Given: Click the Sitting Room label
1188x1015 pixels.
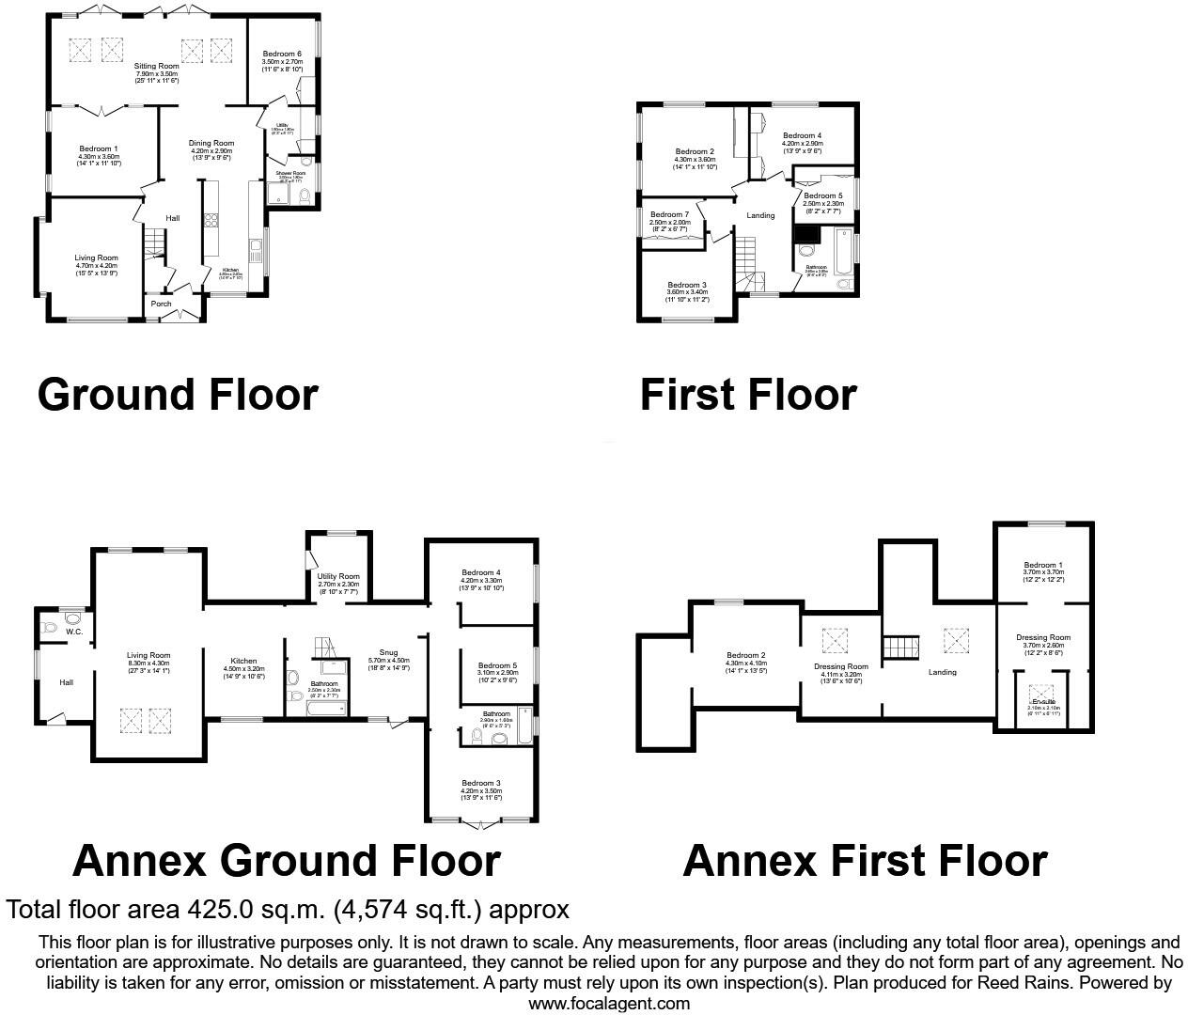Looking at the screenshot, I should click(x=157, y=67).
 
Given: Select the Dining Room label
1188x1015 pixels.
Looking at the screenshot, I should click(x=211, y=143).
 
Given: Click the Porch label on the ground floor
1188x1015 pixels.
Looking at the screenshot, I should click(x=161, y=304).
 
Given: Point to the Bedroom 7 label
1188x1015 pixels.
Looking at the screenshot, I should click(x=669, y=214).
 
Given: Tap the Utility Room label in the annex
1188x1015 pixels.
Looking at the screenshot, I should click(x=338, y=576).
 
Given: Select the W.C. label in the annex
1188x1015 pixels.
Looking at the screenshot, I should click(x=74, y=632).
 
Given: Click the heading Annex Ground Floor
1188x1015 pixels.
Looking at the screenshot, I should click(x=286, y=860).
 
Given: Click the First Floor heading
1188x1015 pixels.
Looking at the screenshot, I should click(x=748, y=395).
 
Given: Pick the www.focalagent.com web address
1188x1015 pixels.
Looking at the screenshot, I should click(x=609, y=1004).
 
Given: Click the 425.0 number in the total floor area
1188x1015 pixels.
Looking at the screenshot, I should click(x=214, y=910).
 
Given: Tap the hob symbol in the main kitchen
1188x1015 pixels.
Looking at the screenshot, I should click(x=211, y=222).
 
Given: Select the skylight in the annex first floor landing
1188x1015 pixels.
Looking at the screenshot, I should click(x=956, y=642).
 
